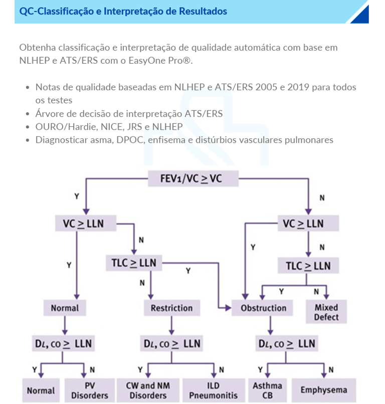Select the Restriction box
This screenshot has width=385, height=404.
(x=171, y=308)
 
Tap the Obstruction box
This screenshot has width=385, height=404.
(x=264, y=308)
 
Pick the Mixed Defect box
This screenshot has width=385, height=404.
(x=326, y=312)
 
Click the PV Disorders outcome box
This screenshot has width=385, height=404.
(x=89, y=390)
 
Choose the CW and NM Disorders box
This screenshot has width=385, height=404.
(x=148, y=390)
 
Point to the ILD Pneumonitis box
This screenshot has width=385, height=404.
(x=213, y=390)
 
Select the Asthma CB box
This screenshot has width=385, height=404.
(x=267, y=390)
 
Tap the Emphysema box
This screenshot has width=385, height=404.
(x=323, y=390)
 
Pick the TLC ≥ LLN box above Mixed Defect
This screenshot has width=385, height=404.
(x=308, y=266)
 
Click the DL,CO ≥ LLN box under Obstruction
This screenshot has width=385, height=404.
(x=286, y=343)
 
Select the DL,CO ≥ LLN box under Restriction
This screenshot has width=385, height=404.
(x=171, y=343)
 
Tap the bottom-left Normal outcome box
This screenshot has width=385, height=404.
(x=41, y=390)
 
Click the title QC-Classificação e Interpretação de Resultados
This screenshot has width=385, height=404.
(x=123, y=11)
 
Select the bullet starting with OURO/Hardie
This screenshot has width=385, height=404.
(x=109, y=127)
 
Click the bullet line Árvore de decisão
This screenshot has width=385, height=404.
(x=129, y=114)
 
